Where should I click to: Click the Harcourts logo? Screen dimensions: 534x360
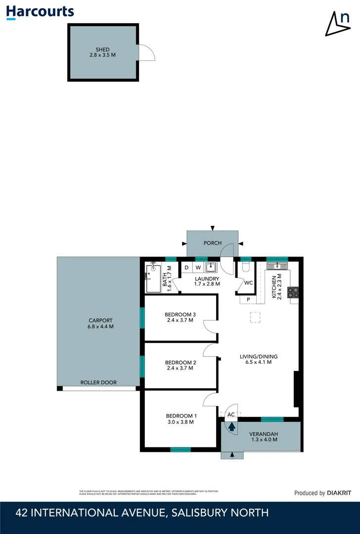click(x=40, y=12)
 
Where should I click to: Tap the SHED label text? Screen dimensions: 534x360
click(x=103, y=49)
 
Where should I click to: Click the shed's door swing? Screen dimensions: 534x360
click(x=146, y=53)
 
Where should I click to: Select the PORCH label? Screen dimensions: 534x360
click(x=213, y=243)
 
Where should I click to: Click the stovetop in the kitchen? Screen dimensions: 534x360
click(x=294, y=293)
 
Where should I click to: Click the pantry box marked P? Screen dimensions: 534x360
click(x=248, y=300)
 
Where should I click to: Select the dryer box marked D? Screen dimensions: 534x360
click(x=186, y=267)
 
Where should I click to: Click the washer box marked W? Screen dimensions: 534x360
click(x=198, y=267)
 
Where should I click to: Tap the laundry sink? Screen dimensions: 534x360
click(x=211, y=267)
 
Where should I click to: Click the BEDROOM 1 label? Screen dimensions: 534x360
click(x=181, y=415)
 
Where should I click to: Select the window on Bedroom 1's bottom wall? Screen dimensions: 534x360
click(x=180, y=449)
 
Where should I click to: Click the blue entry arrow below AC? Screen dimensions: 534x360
click(x=231, y=427)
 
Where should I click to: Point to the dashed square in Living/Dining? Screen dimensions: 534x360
click(x=256, y=317)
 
